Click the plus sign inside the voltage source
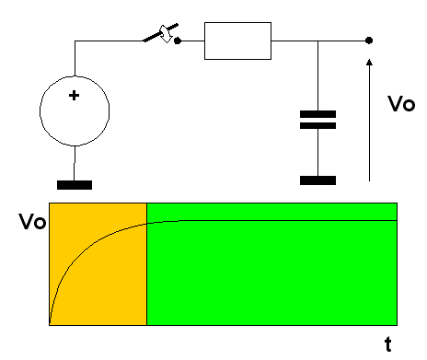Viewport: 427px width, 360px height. (74, 96)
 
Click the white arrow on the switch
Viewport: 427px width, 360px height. (166, 34)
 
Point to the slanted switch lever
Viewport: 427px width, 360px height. (161, 32)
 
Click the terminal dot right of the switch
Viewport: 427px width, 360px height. (178, 41)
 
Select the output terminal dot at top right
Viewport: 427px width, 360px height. (369, 41)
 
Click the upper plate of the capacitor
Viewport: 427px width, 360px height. (317, 114)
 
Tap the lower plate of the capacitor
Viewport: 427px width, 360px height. (317, 125)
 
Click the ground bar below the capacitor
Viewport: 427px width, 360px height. (317, 180)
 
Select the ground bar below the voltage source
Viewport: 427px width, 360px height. (75, 185)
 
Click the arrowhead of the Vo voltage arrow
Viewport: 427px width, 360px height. (369, 62)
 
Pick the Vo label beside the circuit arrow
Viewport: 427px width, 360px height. (401, 104)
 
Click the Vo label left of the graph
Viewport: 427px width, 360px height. (32, 221)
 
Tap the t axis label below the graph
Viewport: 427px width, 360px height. (388, 344)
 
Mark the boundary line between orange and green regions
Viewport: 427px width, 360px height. (146, 264)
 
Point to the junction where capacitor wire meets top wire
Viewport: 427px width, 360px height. (317, 41)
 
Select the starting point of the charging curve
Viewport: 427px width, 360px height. (50, 324)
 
